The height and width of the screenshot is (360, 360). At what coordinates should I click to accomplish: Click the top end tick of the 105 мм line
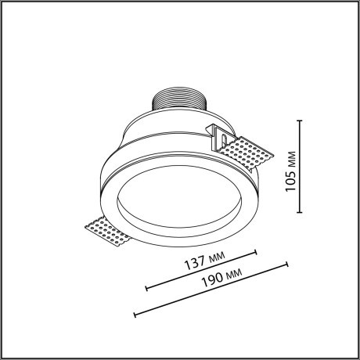click(x=301, y=120)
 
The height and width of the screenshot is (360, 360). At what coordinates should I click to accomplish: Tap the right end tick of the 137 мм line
click(x=257, y=252)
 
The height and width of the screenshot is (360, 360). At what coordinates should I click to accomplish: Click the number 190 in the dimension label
click(x=211, y=279)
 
